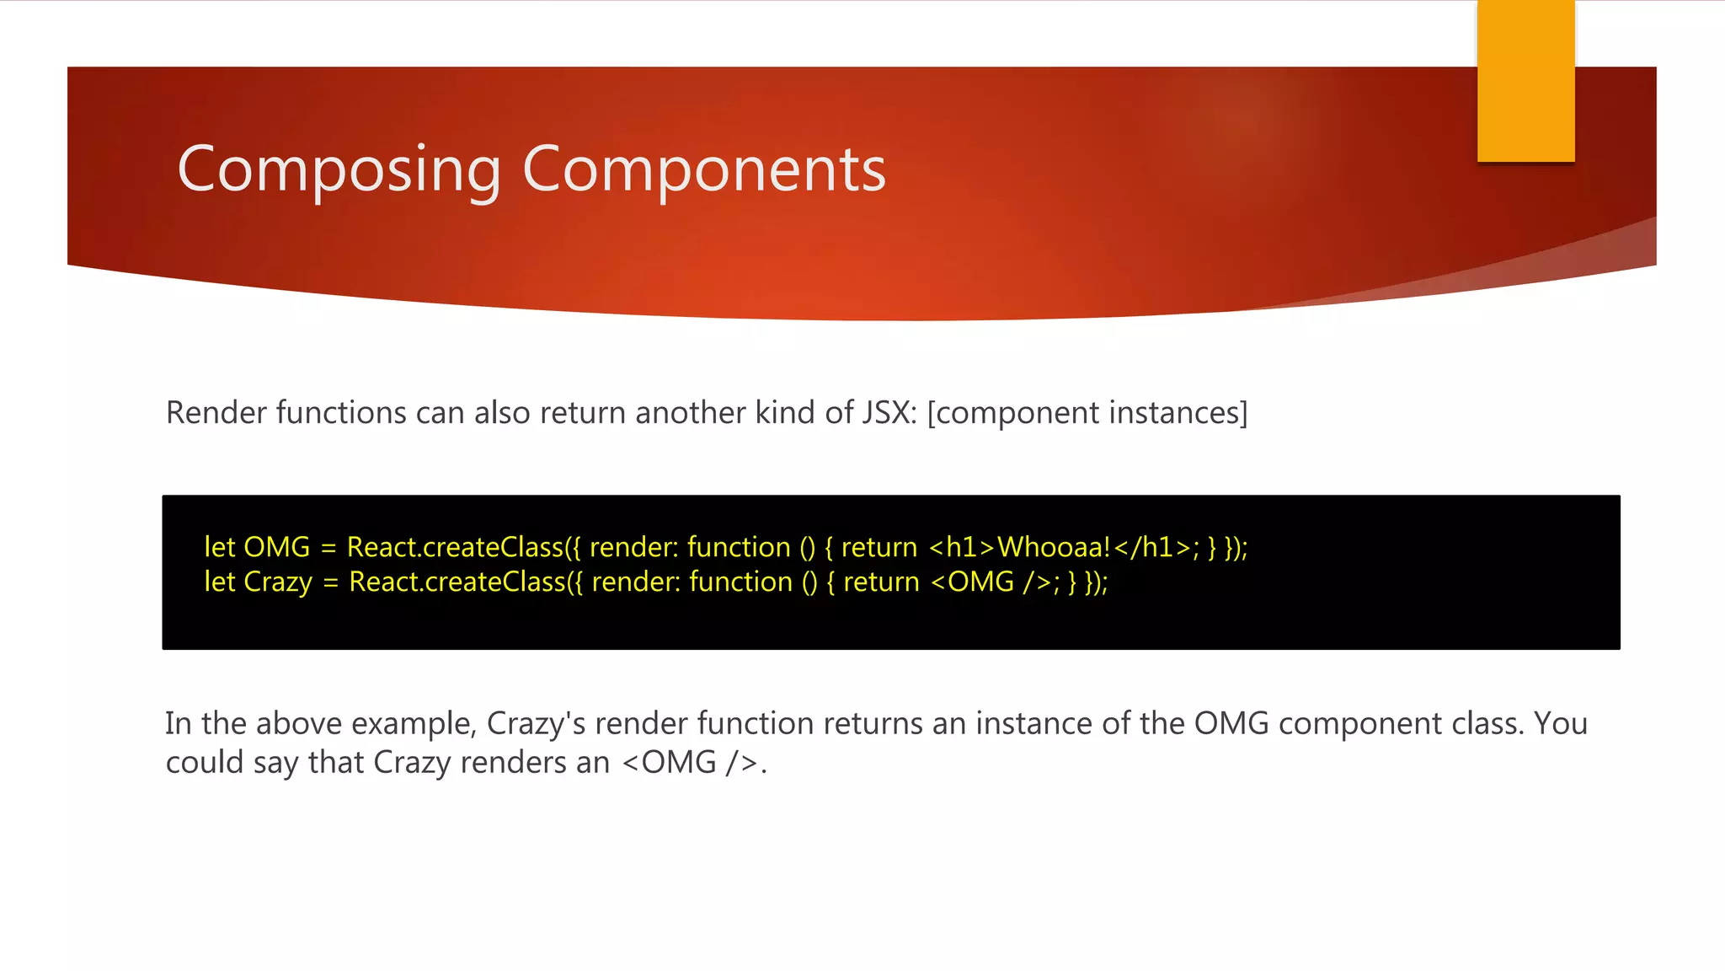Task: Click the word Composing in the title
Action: click(x=339, y=170)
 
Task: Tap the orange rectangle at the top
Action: click(x=1525, y=80)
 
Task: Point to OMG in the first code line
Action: click(x=276, y=548)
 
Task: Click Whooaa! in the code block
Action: click(x=1054, y=548)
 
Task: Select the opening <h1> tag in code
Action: click(x=962, y=548)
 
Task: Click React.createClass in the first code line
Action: click(x=455, y=548)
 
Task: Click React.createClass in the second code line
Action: click(x=457, y=582)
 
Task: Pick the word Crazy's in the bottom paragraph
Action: click(x=536, y=724)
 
